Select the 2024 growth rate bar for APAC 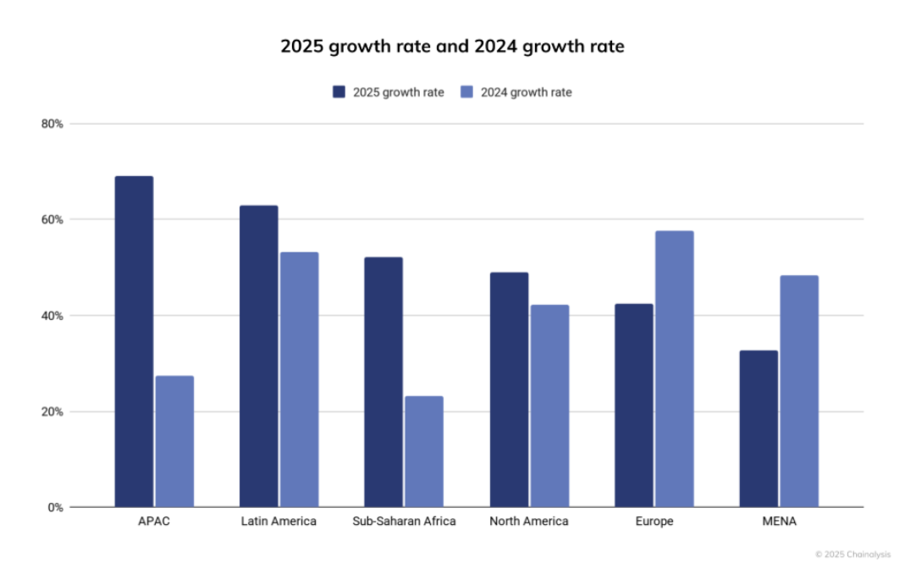click(x=174, y=441)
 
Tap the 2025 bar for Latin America click(x=258, y=356)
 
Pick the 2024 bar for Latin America click(x=299, y=379)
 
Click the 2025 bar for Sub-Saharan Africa click(x=383, y=382)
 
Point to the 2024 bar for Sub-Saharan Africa click(x=423, y=451)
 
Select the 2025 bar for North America click(x=508, y=389)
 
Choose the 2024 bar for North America click(x=549, y=406)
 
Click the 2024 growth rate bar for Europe click(x=674, y=368)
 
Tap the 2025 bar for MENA click(x=758, y=428)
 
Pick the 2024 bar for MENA click(x=798, y=391)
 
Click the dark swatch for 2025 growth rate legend click(x=339, y=92)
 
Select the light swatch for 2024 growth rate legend click(x=466, y=92)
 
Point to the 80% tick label click(x=52, y=124)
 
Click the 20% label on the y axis click(x=52, y=411)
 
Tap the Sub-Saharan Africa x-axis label click(x=404, y=522)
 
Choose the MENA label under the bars click(x=778, y=522)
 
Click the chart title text click(x=452, y=47)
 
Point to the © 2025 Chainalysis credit click(x=853, y=555)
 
